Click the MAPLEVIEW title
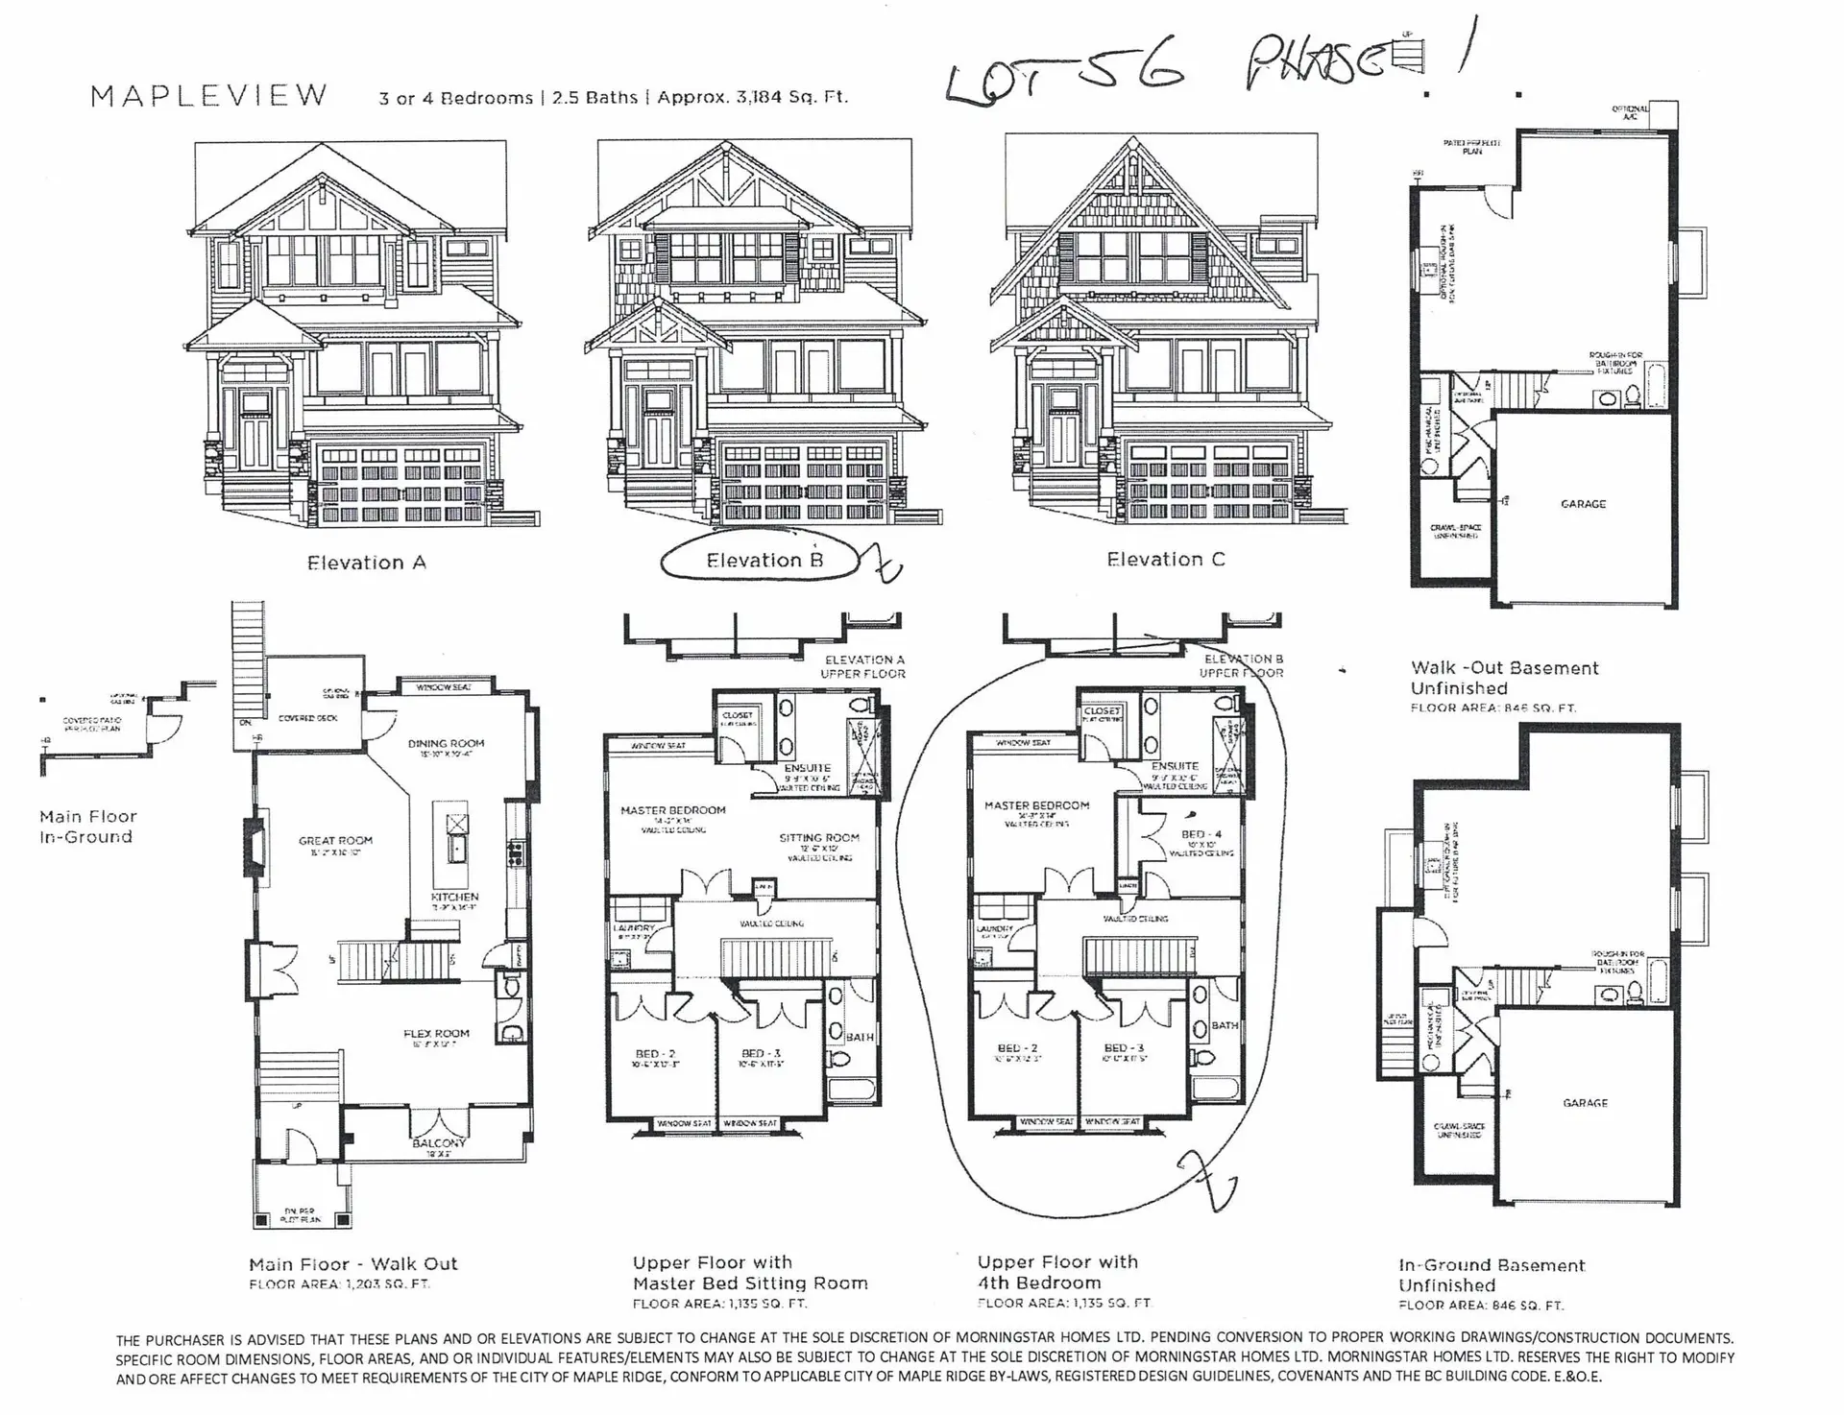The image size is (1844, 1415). pyautogui.click(x=209, y=96)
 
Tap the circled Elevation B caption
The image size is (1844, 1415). pyautogui.click(x=764, y=561)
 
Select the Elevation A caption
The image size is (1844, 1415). pyautogui.click(x=366, y=564)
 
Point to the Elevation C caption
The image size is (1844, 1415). pyautogui.click(x=1165, y=560)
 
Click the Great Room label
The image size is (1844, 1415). pyautogui.click(x=335, y=841)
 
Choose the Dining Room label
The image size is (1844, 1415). pyautogui.click(x=446, y=743)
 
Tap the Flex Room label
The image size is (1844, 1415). pyautogui.click(x=436, y=1034)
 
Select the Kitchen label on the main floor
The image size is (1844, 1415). pyautogui.click(x=454, y=897)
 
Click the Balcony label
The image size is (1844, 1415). pyautogui.click(x=439, y=1143)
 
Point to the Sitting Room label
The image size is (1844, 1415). pyautogui.click(x=819, y=838)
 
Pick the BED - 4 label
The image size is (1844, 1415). pyautogui.click(x=1201, y=834)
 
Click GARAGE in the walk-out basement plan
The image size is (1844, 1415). pyautogui.click(x=1583, y=504)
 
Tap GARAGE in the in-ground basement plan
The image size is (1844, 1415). pyautogui.click(x=1585, y=1103)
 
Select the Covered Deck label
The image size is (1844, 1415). pyautogui.click(x=307, y=718)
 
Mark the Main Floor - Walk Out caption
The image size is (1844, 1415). pyautogui.click(x=352, y=1264)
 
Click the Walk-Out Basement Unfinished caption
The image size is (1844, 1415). pyautogui.click(x=1504, y=678)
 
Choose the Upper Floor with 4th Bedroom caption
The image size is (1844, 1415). pyautogui.click(x=1057, y=1272)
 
